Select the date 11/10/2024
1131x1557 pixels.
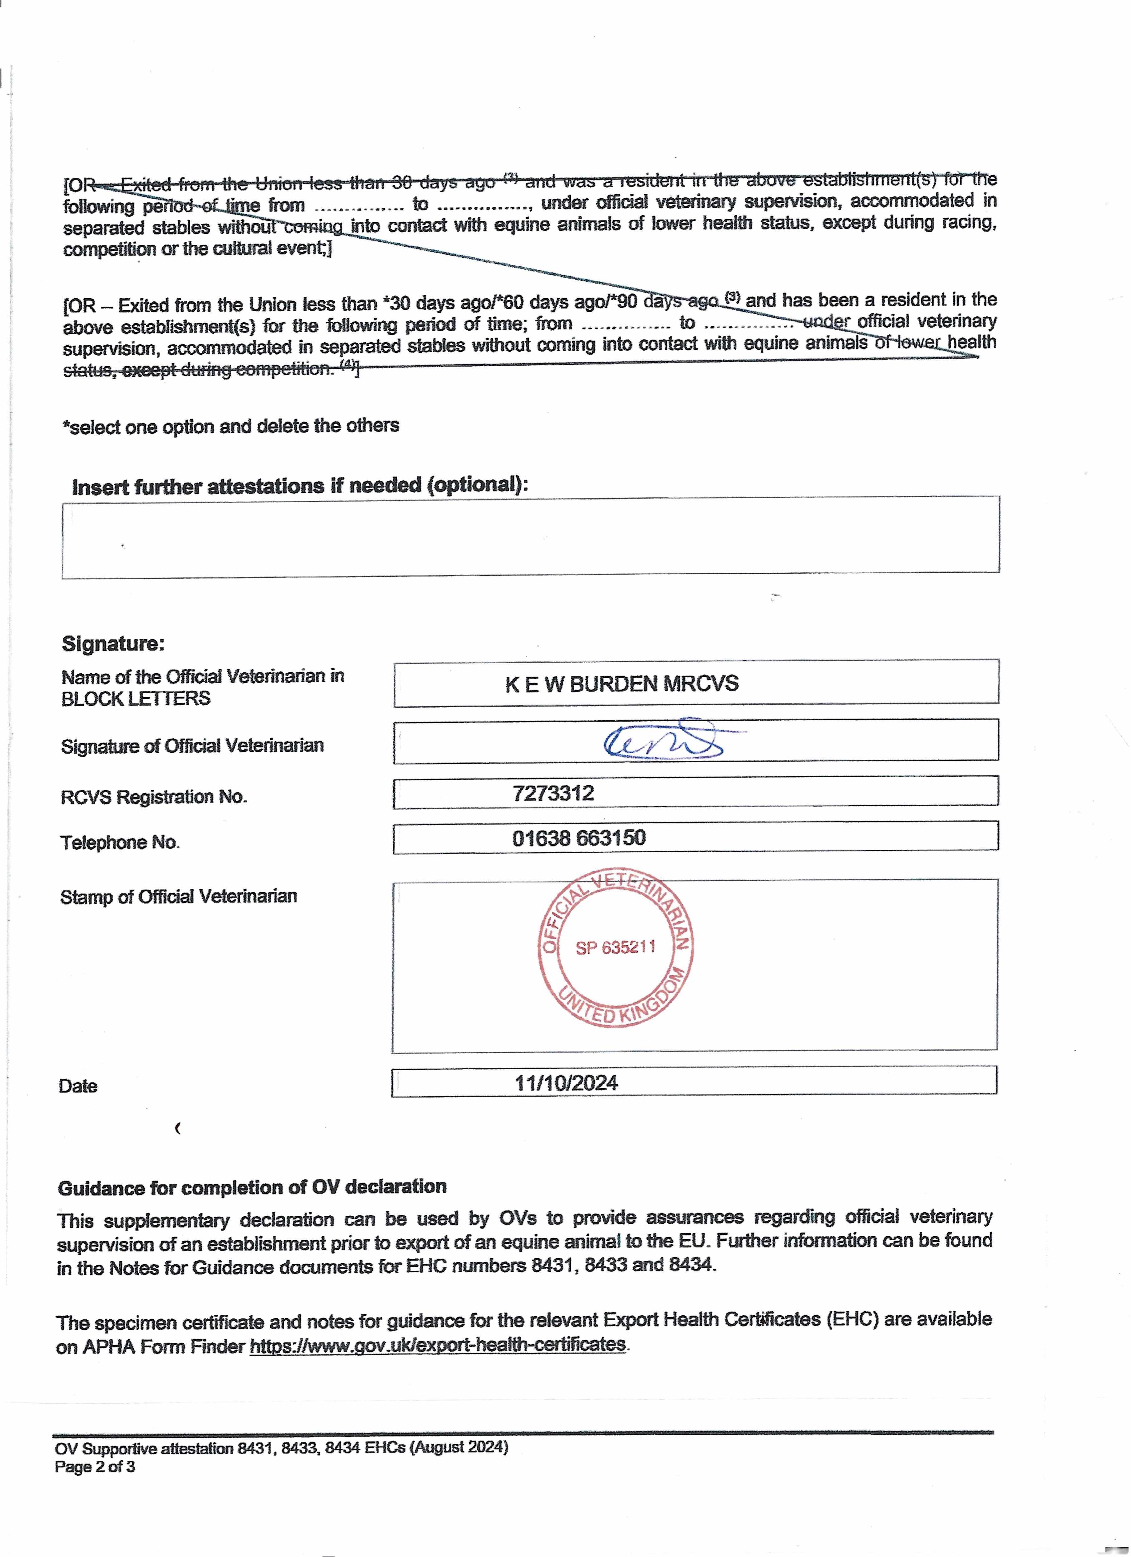(x=566, y=1083)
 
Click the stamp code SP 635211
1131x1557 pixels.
(x=615, y=948)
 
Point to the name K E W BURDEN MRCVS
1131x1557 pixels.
(x=622, y=684)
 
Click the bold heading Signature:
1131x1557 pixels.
(x=113, y=644)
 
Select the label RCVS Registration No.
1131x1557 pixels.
(x=154, y=797)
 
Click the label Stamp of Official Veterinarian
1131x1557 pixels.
(x=178, y=897)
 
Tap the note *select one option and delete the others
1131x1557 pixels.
(x=231, y=426)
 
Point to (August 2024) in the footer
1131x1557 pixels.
(x=459, y=1447)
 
